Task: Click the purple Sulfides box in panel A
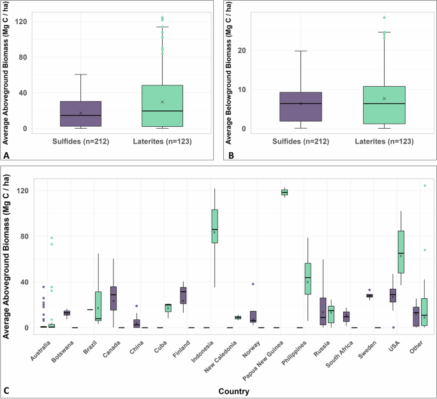point(80,113)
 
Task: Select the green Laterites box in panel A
point(163,106)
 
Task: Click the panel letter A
point(6,154)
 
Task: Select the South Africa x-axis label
point(337,351)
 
